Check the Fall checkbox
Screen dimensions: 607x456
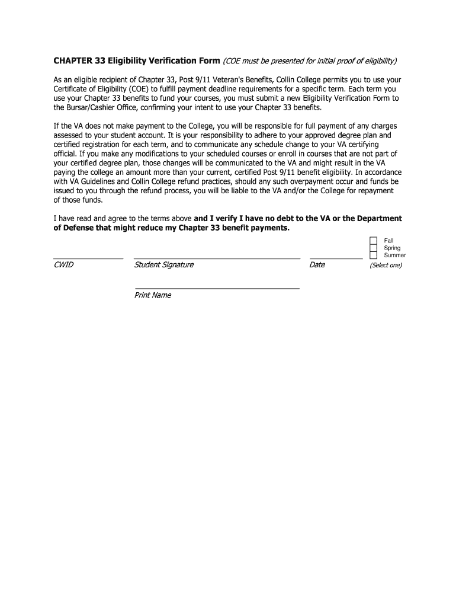(x=373, y=241)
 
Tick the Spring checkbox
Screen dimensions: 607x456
(x=373, y=248)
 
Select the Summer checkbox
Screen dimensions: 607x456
(x=373, y=255)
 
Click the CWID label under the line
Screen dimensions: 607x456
(x=63, y=265)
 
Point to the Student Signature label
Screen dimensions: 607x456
(x=164, y=265)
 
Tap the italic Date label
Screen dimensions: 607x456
(x=317, y=265)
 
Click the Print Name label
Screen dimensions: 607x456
(x=153, y=295)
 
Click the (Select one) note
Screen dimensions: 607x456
(x=386, y=266)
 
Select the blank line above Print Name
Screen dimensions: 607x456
(x=217, y=289)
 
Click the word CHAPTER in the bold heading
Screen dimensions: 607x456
(x=73, y=61)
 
